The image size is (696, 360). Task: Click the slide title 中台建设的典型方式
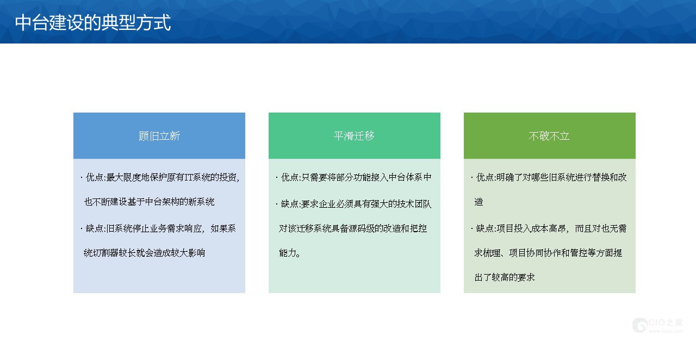pyautogui.click(x=93, y=22)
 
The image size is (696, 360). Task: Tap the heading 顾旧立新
pyautogui.click(x=159, y=136)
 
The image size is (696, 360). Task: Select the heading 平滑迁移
pyautogui.click(x=354, y=136)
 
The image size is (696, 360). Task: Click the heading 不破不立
pyautogui.click(x=549, y=136)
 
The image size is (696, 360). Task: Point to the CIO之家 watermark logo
pyautogui.click(x=658, y=325)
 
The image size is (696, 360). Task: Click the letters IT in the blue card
pyautogui.click(x=188, y=177)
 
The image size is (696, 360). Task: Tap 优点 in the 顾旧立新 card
pyautogui.click(x=95, y=177)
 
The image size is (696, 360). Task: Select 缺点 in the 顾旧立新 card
pyautogui.click(x=95, y=228)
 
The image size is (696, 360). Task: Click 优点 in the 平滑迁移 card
pyautogui.click(x=290, y=177)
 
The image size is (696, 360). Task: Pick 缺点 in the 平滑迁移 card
pyautogui.click(x=290, y=204)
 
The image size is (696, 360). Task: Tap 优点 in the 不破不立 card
pyautogui.click(x=485, y=177)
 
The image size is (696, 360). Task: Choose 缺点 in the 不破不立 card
pyautogui.click(x=485, y=228)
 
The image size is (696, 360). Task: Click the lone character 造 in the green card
pyautogui.click(x=479, y=202)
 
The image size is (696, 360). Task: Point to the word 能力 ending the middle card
pyautogui.click(x=288, y=253)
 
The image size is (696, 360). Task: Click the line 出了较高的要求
pyautogui.click(x=505, y=277)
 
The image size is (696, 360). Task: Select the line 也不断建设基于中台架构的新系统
pyautogui.click(x=149, y=202)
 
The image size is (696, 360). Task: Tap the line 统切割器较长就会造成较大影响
pyautogui.click(x=145, y=253)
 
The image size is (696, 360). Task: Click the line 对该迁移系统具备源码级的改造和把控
pyautogui.click(x=353, y=228)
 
